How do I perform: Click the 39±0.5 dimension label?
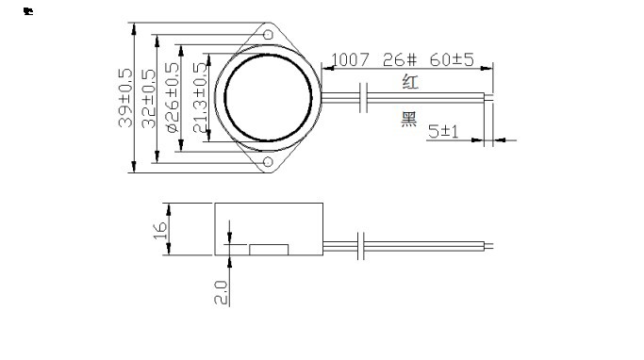(125, 98)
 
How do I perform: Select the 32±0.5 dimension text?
(149, 99)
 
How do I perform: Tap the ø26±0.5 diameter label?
(173, 97)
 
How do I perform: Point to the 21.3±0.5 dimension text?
(199, 98)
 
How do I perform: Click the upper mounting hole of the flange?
(268, 35)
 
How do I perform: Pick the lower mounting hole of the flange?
(268, 162)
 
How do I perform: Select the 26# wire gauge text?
(400, 60)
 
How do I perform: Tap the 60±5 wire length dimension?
(452, 59)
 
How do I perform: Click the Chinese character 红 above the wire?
(410, 82)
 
